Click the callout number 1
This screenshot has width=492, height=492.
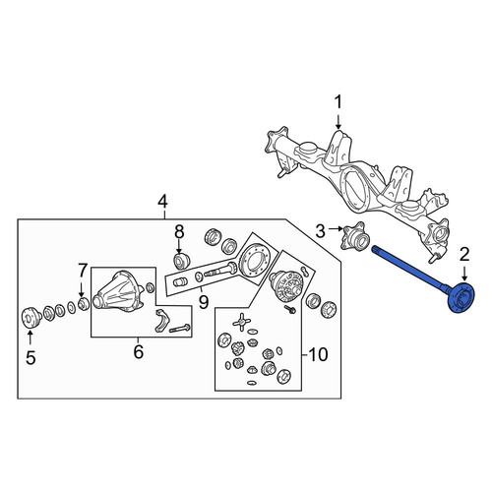[x=338, y=102]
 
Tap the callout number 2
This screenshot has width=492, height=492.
[x=464, y=255]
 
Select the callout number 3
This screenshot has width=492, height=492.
[x=320, y=231]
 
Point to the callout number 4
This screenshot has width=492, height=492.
[x=162, y=202]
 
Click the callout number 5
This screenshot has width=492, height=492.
[x=31, y=358]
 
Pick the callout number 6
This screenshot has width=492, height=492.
[x=139, y=352]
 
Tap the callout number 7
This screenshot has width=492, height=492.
[x=82, y=271]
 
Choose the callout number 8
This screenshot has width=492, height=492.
[x=179, y=232]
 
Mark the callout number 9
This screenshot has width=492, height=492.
[x=204, y=302]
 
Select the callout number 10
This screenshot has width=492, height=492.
[x=318, y=354]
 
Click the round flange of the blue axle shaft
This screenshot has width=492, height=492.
[x=461, y=298]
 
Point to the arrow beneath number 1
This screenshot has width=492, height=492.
[x=338, y=120]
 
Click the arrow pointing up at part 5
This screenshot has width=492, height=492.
[x=30, y=338]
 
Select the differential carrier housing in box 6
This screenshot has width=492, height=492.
[x=119, y=292]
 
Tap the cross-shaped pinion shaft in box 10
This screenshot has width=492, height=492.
[x=241, y=322]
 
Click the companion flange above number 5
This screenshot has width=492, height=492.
[x=31, y=317]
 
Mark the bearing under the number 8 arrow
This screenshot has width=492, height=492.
[x=181, y=261]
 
